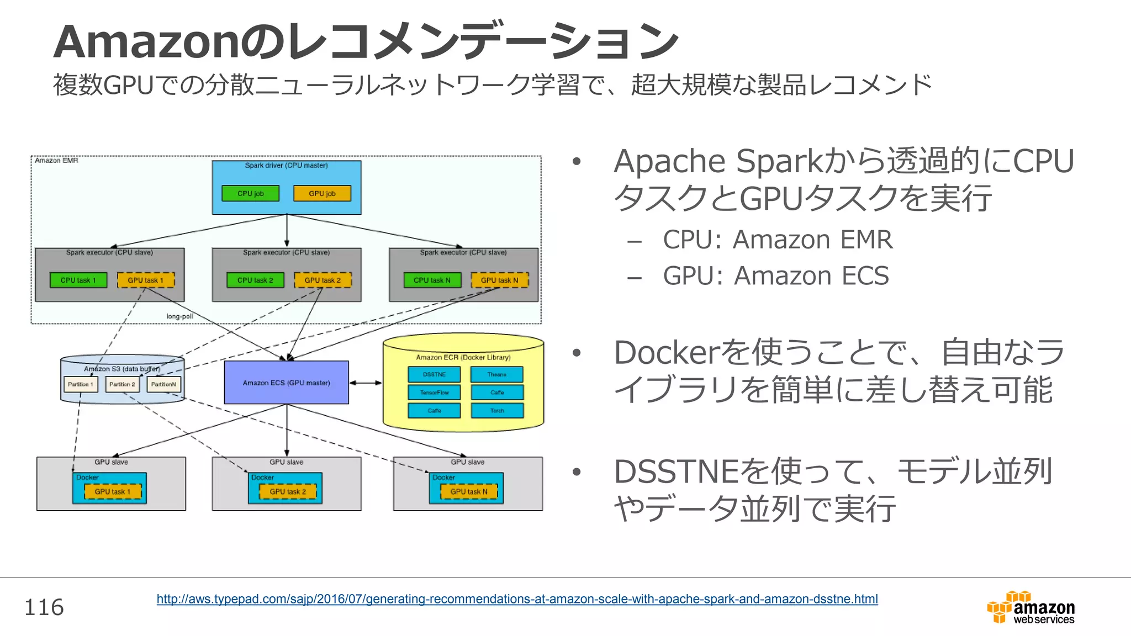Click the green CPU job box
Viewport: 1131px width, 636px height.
coord(250,193)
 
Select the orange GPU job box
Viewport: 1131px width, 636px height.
coord(322,193)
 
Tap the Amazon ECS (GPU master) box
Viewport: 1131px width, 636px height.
coord(286,383)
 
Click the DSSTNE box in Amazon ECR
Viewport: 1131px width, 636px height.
coord(434,374)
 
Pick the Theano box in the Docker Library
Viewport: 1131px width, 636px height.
coord(496,374)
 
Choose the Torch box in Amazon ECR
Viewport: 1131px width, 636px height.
coord(496,411)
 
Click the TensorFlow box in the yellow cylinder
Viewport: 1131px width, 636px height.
coord(434,393)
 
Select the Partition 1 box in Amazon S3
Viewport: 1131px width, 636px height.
coord(81,384)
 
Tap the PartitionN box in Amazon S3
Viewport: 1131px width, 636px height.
coord(163,384)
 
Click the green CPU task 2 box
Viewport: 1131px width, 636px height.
coord(255,280)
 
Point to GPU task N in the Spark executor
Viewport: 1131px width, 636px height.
coord(499,280)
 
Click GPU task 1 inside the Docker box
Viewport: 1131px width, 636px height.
coord(113,491)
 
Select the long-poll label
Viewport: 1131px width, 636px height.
coord(179,316)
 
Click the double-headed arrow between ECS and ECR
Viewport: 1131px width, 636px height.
coord(366,383)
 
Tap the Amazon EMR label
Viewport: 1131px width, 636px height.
coord(57,161)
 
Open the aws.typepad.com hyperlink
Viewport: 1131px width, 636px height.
coord(517,599)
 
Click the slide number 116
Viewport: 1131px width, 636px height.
coord(44,607)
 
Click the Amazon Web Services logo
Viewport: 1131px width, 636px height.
coord(1031,608)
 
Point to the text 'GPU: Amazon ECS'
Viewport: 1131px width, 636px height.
coord(775,275)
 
